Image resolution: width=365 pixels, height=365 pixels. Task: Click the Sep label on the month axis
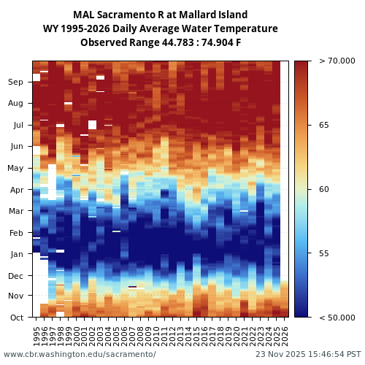click(16, 82)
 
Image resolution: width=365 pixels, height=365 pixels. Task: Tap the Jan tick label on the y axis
click(16, 255)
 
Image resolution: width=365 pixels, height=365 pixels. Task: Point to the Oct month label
click(16, 318)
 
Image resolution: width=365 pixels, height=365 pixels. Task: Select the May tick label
click(15, 169)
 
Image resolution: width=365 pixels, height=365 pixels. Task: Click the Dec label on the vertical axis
click(16, 276)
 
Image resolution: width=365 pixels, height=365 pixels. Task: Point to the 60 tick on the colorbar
click(323, 189)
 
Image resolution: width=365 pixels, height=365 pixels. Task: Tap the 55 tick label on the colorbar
click(323, 253)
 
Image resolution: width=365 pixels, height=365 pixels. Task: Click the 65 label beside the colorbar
click(323, 125)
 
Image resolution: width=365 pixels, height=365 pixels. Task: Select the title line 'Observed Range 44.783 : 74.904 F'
click(161, 42)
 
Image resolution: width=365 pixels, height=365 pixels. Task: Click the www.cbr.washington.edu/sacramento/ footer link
click(80, 354)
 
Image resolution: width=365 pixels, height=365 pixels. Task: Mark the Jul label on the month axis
click(17, 126)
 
